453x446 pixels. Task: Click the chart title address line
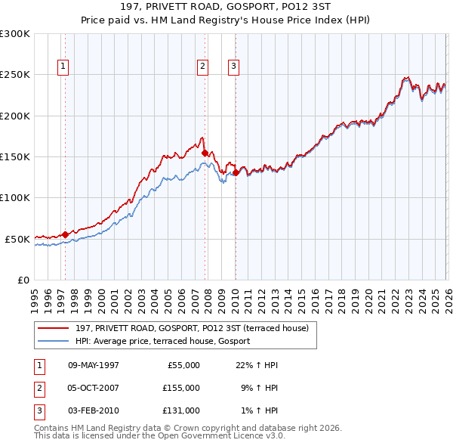click(x=226, y=7)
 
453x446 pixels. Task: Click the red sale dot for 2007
click(x=205, y=153)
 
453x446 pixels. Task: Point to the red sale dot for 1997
click(x=65, y=234)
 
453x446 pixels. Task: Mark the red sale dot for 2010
click(x=236, y=172)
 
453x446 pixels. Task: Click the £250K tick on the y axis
click(x=15, y=75)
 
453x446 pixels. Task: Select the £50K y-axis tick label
click(x=17, y=239)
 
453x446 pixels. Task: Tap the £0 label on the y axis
click(x=23, y=280)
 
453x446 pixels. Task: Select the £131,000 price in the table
click(x=180, y=410)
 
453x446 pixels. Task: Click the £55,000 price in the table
click(x=182, y=365)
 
